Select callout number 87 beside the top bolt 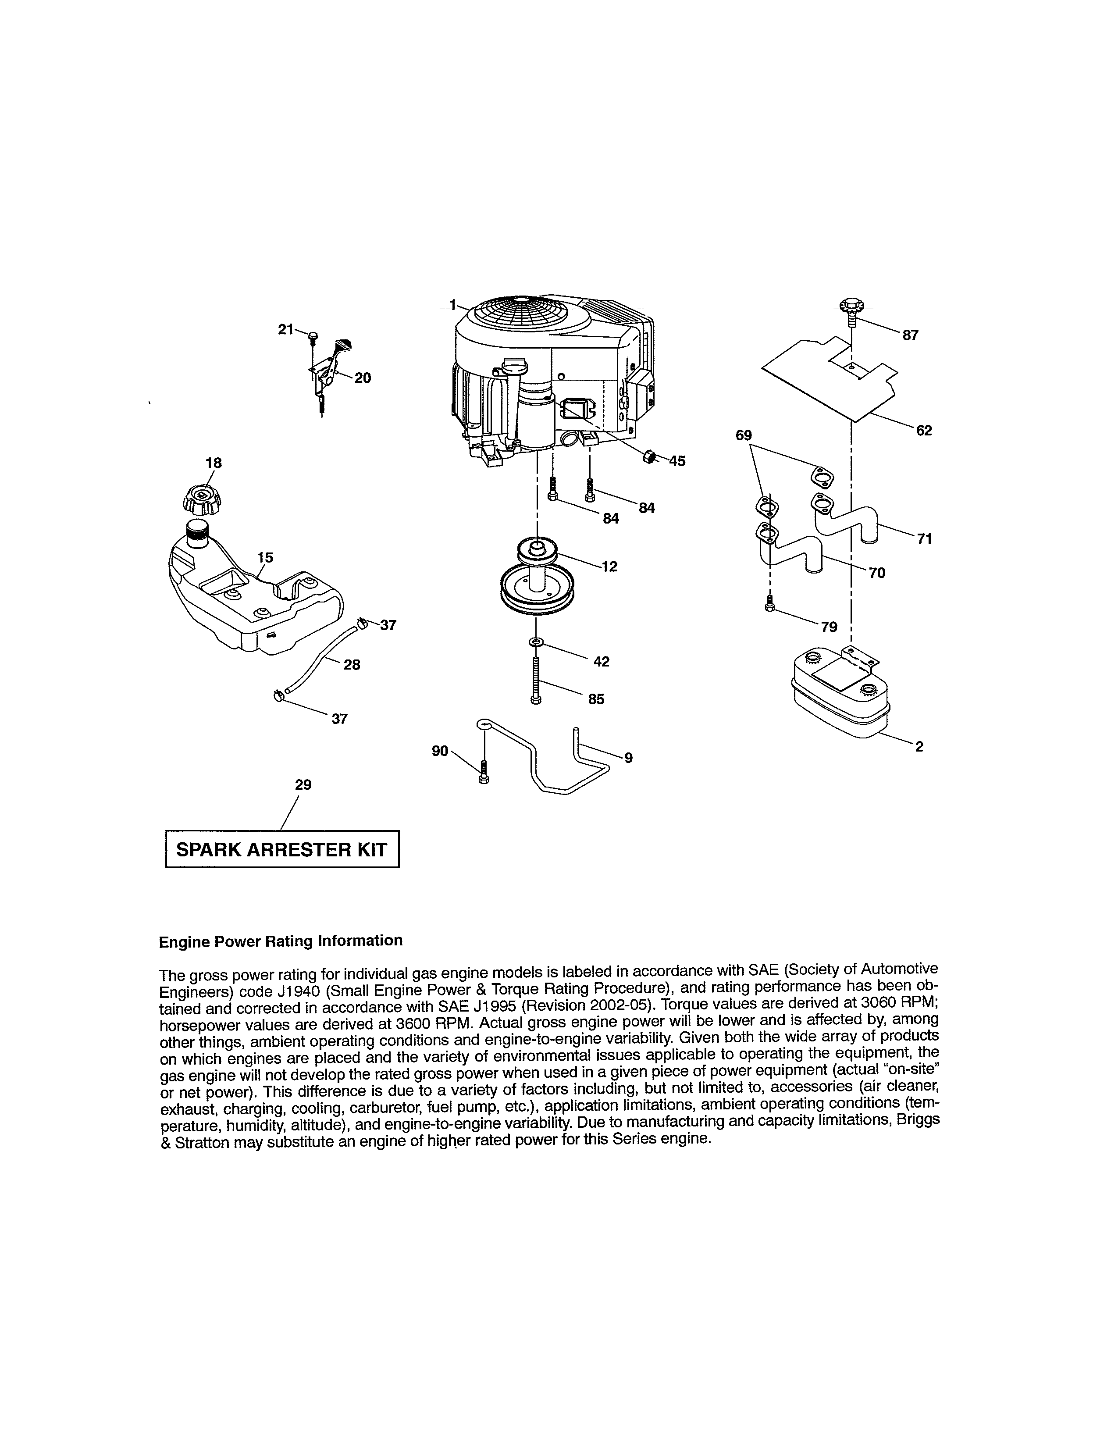coord(910,335)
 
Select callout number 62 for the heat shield coord(923,431)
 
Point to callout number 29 coord(303,785)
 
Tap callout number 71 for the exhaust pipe coord(924,539)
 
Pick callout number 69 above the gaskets coord(744,435)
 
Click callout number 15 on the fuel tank coord(265,558)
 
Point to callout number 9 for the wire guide coord(628,758)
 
